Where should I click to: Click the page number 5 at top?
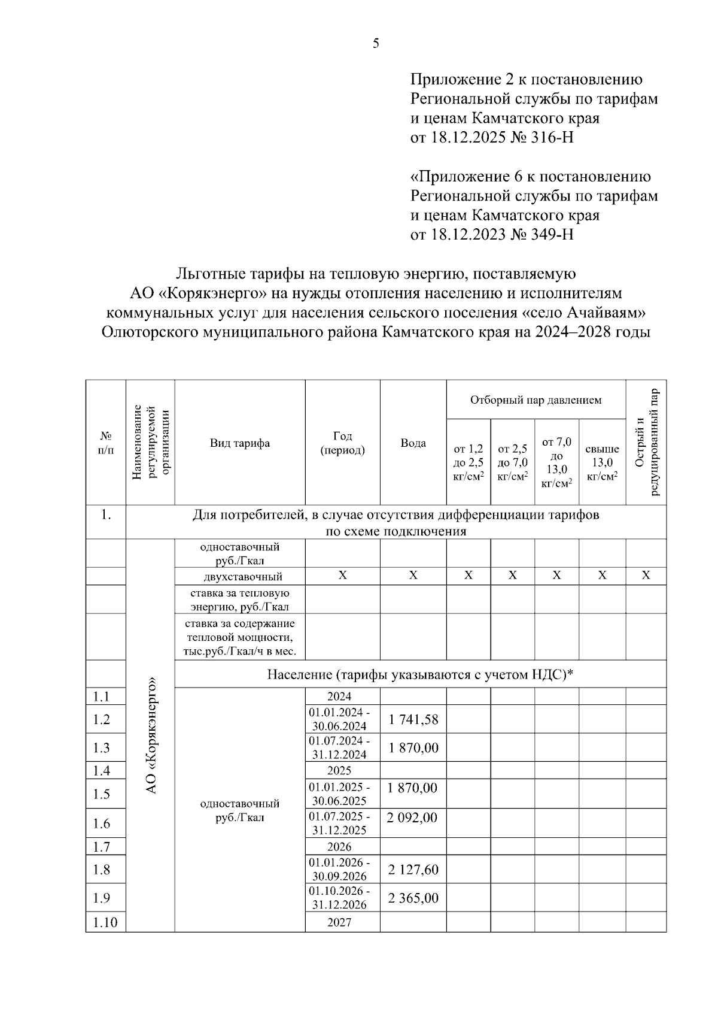376,43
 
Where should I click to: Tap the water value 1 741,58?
413,719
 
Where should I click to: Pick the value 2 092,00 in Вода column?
413,818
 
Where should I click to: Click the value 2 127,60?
413,869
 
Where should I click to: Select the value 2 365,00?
413,898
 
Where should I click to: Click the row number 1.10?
105,922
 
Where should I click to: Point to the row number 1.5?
102,794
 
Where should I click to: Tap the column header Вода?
413,443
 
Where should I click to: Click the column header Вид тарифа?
239,443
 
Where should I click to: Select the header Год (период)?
342,443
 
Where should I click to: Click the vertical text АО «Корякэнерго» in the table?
151,735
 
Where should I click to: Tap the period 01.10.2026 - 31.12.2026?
339,898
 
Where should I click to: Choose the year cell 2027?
339,922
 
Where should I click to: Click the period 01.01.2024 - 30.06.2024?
339,719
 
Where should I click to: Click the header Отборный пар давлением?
536,400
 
